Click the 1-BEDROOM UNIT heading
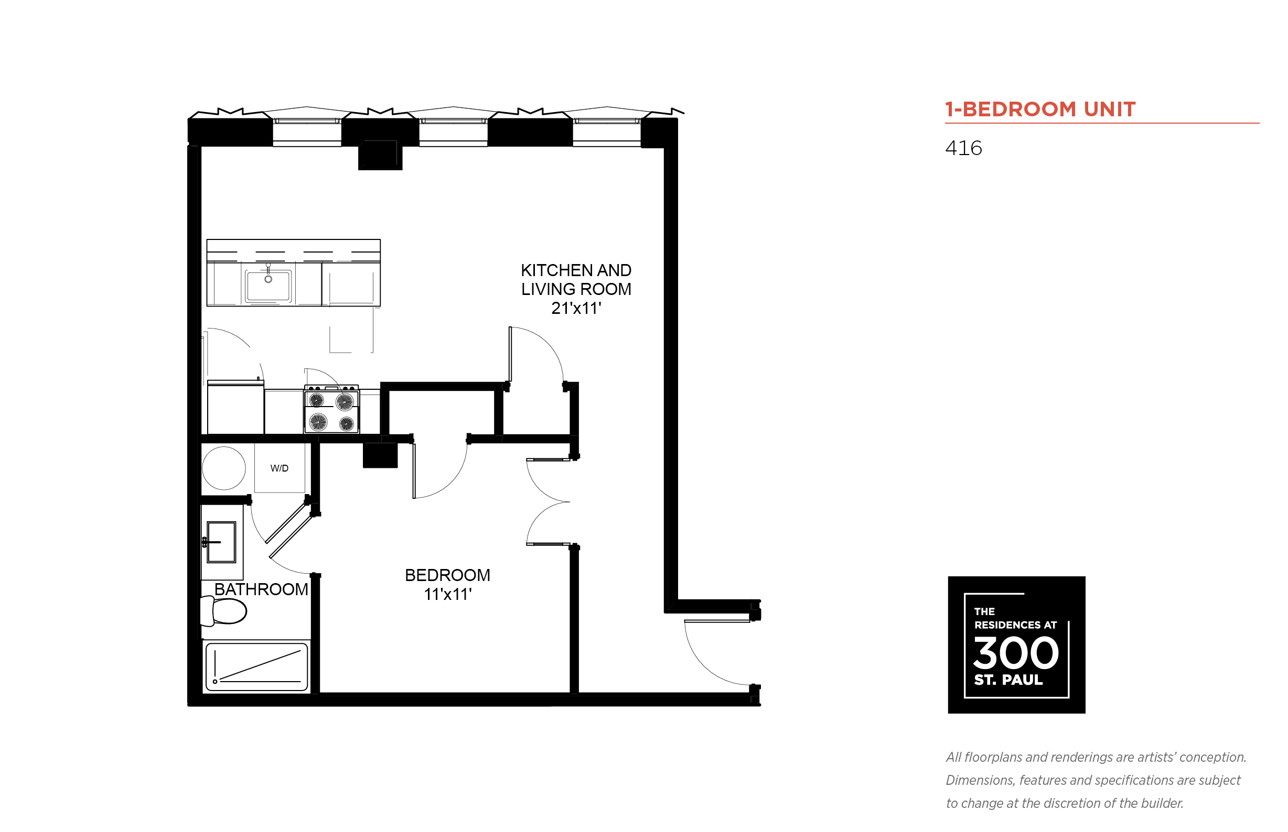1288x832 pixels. click(1040, 109)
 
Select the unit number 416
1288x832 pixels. click(963, 148)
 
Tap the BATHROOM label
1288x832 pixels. click(261, 589)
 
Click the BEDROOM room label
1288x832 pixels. click(447, 575)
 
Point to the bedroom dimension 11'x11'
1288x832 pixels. click(448, 594)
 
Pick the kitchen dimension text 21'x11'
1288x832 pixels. click(576, 308)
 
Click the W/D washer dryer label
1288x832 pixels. click(279, 468)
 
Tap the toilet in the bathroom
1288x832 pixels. click(223, 611)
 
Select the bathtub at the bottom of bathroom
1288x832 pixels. click(256, 666)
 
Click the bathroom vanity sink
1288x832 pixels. click(221, 542)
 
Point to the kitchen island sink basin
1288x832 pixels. click(268, 285)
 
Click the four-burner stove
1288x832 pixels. click(331, 410)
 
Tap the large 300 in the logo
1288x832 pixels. click(1015, 653)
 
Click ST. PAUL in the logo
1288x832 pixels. click(1008, 680)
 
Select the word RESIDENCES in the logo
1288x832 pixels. click(1007, 625)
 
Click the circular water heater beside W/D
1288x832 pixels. click(224, 468)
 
